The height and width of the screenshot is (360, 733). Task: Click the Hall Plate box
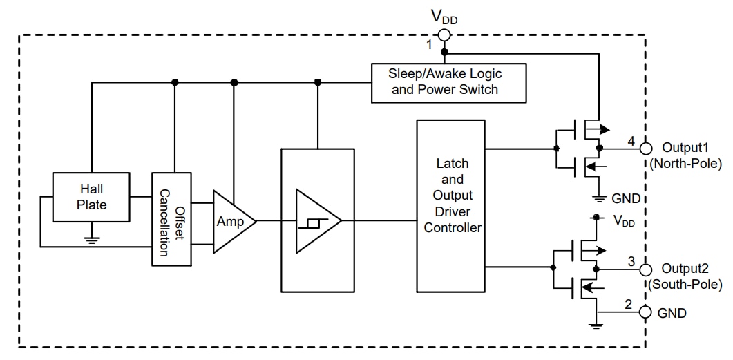[93, 196]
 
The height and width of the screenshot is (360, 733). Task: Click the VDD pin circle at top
[444, 35]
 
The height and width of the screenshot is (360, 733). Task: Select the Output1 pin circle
[646, 148]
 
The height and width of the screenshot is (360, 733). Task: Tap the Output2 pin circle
[646, 269]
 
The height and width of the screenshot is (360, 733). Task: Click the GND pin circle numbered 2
[646, 312]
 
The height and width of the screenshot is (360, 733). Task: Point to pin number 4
[631, 142]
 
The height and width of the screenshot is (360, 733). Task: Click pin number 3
[631, 262]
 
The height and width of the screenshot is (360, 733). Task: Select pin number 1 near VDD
[429, 46]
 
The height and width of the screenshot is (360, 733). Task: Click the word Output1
[685, 147]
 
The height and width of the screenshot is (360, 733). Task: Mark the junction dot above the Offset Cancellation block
[175, 82]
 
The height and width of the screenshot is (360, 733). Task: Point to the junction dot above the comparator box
[318, 82]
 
